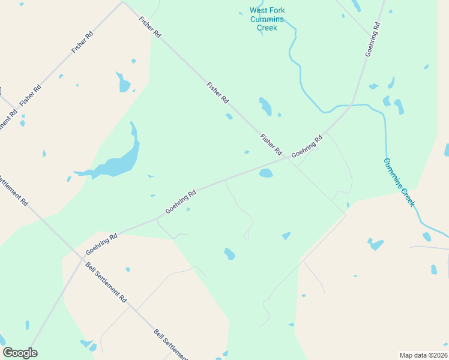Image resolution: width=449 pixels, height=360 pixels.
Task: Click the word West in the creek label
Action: click(x=260, y=10)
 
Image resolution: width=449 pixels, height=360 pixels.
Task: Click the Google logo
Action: click(x=20, y=353)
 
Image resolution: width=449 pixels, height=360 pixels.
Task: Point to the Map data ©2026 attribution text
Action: click(x=423, y=355)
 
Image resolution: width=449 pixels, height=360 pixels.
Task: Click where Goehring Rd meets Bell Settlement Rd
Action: click(x=82, y=259)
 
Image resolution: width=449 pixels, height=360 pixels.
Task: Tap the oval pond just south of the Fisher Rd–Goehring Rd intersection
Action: click(x=265, y=173)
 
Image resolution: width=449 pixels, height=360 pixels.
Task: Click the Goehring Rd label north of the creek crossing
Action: click(x=373, y=40)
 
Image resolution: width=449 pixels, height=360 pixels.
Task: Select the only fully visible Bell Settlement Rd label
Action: click(x=106, y=282)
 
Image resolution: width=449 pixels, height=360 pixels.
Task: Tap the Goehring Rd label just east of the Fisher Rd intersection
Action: click(x=307, y=146)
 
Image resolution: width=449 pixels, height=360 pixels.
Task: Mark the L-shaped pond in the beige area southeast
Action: click(x=376, y=244)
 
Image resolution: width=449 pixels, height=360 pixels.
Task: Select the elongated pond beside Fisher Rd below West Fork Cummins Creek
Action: click(x=265, y=106)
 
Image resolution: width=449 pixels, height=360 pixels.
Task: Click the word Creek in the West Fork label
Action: click(x=267, y=28)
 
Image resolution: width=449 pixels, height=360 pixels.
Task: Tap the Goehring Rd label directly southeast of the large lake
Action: click(x=181, y=202)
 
